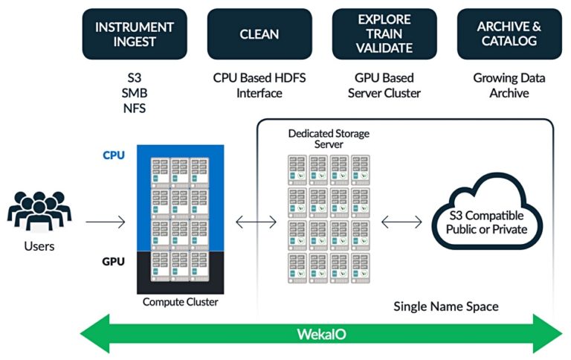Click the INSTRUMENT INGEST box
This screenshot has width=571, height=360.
[135, 34]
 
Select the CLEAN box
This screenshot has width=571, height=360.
[259, 34]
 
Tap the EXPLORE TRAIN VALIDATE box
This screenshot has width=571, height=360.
[384, 34]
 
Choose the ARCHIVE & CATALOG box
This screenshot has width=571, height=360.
[509, 34]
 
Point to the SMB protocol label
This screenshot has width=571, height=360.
[135, 93]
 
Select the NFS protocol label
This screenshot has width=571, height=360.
[135, 108]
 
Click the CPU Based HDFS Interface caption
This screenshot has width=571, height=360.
[259, 86]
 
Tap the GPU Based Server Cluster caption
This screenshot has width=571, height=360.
[384, 86]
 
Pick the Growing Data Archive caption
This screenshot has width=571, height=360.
[509, 86]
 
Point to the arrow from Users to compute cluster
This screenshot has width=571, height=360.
[105, 222]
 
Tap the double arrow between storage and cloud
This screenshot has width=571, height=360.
[402, 222]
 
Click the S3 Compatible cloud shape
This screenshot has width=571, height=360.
[486, 222]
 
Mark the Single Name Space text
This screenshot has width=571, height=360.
[445, 306]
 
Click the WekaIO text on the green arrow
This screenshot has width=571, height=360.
[321, 332]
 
